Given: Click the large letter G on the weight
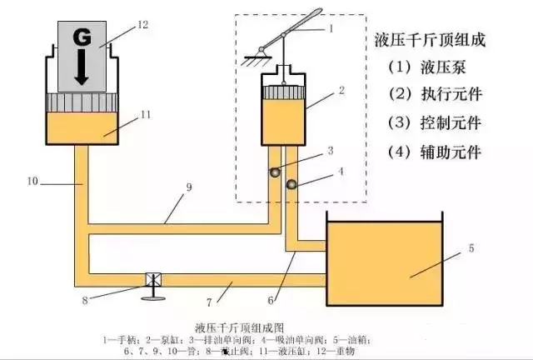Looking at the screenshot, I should click(81, 37).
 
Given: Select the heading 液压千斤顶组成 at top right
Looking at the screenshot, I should click(431, 39).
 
